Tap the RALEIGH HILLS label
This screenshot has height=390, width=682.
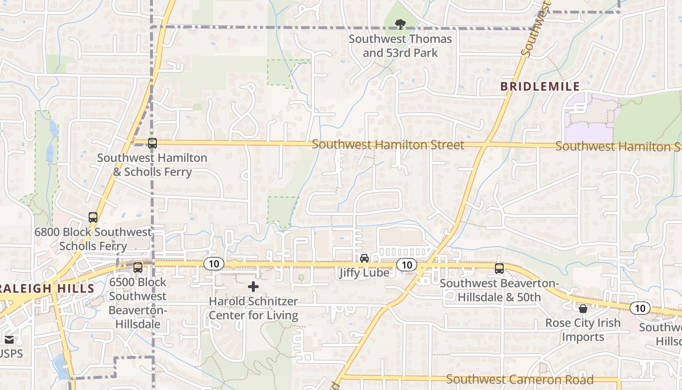(x=47, y=288)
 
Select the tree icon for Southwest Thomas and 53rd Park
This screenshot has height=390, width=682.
(x=400, y=23)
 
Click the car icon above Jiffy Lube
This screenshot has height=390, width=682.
(x=364, y=258)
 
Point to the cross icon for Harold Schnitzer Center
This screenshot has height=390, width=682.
(x=253, y=287)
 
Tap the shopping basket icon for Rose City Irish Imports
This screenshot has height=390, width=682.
(x=583, y=309)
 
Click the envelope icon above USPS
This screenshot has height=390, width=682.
(x=9, y=340)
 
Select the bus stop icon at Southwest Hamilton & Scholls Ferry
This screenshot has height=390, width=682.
(x=152, y=143)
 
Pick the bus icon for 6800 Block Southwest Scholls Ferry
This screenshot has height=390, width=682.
(x=93, y=217)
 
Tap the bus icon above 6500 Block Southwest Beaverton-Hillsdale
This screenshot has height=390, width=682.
(x=138, y=268)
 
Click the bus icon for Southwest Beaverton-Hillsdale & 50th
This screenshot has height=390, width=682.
(x=499, y=269)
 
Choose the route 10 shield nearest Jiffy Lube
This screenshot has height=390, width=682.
(x=406, y=265)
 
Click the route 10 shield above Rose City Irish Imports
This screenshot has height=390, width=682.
(x=640, y=308)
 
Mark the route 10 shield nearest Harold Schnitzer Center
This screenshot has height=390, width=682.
(x=213, y=264)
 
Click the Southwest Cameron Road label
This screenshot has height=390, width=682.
(x=520, y=379)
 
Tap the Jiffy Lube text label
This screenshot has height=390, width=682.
(x=365, y=273)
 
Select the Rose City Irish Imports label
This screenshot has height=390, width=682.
(x=583, y=330)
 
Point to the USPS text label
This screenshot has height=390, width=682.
(x=11, y=353)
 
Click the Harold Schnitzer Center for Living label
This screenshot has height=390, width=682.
(x=253, y=309)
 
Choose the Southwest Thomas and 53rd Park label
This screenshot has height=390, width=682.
(x=400, y=45)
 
